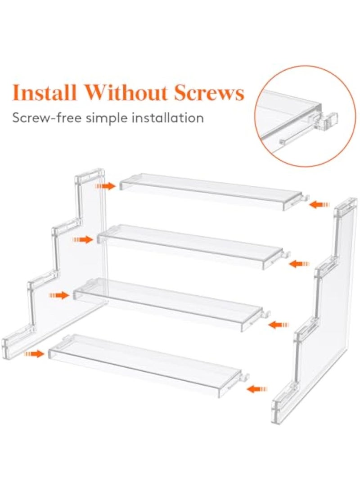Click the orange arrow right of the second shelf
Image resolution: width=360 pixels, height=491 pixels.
(299, 263)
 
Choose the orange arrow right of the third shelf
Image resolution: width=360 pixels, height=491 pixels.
(279, 324)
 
